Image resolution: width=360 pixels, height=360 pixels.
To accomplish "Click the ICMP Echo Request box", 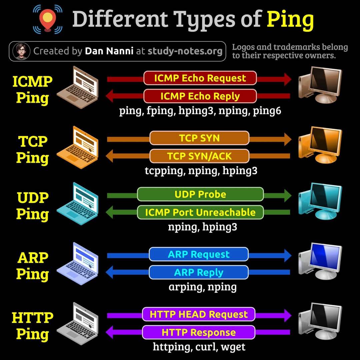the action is click(200, 78).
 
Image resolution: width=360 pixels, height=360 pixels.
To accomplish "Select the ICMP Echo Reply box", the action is click(200, 96).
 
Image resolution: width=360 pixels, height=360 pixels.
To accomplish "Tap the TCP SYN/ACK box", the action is click(199, 156).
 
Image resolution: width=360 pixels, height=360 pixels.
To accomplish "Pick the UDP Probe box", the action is click(200, 194).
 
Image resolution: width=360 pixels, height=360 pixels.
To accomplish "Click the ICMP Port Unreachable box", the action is click(200, 212).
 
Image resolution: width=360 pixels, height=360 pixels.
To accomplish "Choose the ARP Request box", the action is click(199, 254).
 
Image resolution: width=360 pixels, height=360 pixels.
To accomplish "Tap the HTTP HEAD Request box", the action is click(199, 314).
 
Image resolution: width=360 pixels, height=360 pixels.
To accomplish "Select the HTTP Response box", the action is click(199, 332).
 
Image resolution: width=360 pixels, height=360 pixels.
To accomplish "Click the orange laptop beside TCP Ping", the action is click(78, 147).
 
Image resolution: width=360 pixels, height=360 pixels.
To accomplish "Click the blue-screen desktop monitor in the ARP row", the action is click(320, 261).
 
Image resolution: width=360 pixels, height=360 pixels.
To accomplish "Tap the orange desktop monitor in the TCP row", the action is click(320, 145).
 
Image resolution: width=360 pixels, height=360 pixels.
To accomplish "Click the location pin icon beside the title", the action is click(48, 19).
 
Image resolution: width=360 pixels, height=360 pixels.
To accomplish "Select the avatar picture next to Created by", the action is click(21, 51).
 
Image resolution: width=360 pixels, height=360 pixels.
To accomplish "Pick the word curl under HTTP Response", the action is click(206, 347).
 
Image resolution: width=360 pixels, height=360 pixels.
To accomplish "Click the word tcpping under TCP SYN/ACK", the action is click(165, 171).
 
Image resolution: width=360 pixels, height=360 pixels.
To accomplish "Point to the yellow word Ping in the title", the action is click(290, 20).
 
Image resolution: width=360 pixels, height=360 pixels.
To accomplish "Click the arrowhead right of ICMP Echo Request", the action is click(288, 79).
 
